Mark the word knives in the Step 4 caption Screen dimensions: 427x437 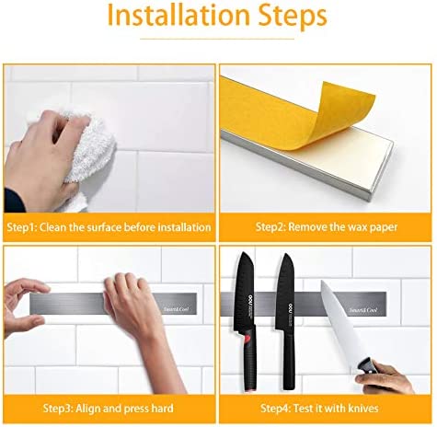[362, 406]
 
